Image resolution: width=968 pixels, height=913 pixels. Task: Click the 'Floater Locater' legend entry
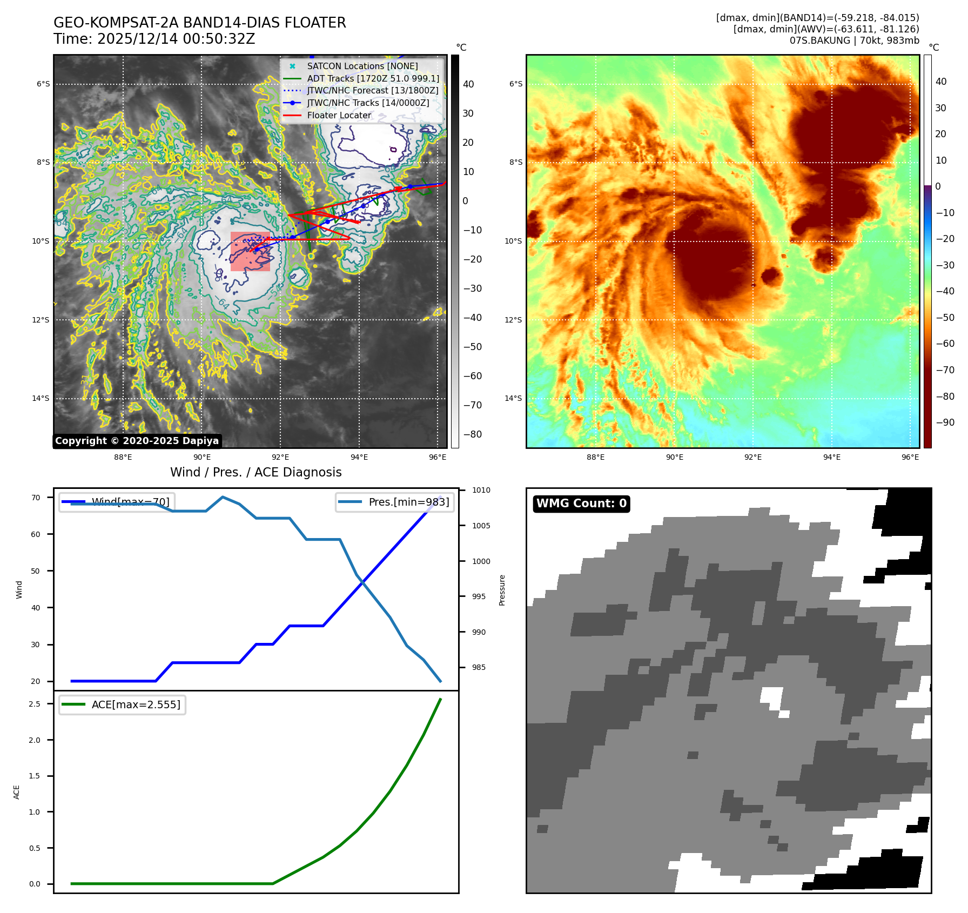[x=339, y=115]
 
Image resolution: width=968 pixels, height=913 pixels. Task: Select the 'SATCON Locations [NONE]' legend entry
[x=362, y=66]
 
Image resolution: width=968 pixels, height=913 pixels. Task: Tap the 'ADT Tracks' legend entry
[x=373, y=78]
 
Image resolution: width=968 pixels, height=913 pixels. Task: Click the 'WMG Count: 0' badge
[x=581, y=504]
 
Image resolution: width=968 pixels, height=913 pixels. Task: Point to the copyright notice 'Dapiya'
[x=137, y=441]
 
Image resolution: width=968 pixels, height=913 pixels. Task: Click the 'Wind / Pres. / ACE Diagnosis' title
[x=256, y=472]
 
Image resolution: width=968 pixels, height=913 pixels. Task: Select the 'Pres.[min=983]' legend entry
[x=408, y=502]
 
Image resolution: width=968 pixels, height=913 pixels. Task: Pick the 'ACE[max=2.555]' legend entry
[x=136, y=704]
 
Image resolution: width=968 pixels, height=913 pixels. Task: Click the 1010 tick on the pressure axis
[x=481, y=490]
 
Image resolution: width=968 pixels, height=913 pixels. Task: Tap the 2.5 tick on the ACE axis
[x=35, y=704]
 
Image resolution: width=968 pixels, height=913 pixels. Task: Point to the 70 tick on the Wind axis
[x=36, y=498]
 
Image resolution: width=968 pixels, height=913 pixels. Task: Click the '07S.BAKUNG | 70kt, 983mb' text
[x=854, y=41]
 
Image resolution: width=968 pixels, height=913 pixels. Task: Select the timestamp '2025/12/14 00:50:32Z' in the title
[x=176, y=39]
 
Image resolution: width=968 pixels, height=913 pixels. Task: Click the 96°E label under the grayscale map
[x=438, y=457]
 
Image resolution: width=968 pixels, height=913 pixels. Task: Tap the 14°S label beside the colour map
[x=513, y=398]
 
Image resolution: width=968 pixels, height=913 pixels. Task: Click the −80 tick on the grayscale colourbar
[x=472, y=434]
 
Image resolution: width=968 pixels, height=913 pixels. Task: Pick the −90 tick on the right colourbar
[x=945, y=422]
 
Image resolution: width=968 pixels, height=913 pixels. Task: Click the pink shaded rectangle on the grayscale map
[x=250, y=252]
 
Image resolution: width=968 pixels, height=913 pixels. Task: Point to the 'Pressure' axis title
[x=502, y=590]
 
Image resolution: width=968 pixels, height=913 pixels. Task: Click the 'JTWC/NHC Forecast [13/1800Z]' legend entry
[x=373, y=90]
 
